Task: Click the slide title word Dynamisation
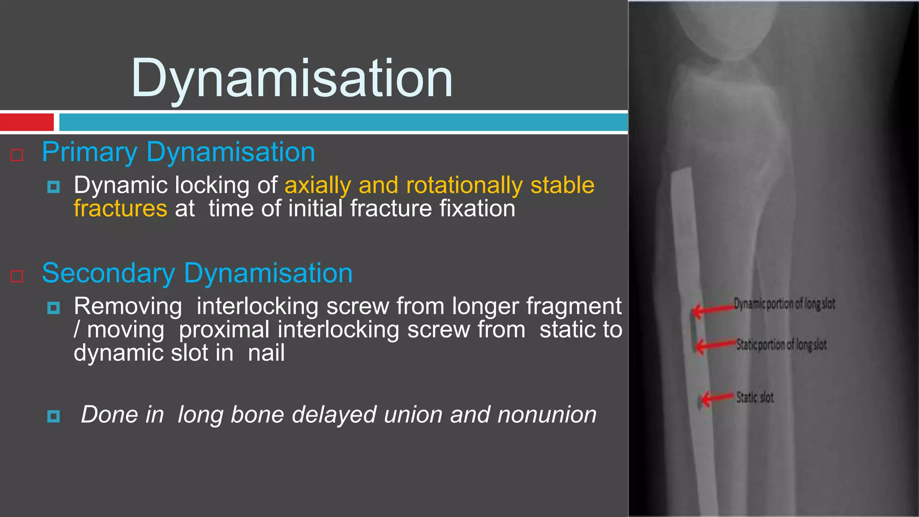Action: point(292,79)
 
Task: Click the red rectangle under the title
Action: point(27,122)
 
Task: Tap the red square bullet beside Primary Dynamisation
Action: point(17,155)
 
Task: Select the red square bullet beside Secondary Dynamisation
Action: point(17,276)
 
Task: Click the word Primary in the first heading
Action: point(89,153)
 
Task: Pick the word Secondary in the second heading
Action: point(108,273)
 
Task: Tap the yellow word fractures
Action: point(120,209)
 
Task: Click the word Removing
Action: point(128,307)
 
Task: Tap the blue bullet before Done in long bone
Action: point(53,416)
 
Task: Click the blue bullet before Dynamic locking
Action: point(53,187)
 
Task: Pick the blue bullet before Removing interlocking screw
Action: point(53,308)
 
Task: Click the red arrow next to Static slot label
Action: point(717,398)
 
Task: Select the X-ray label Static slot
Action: point(755,398)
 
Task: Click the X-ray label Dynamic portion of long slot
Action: point(784,304)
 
